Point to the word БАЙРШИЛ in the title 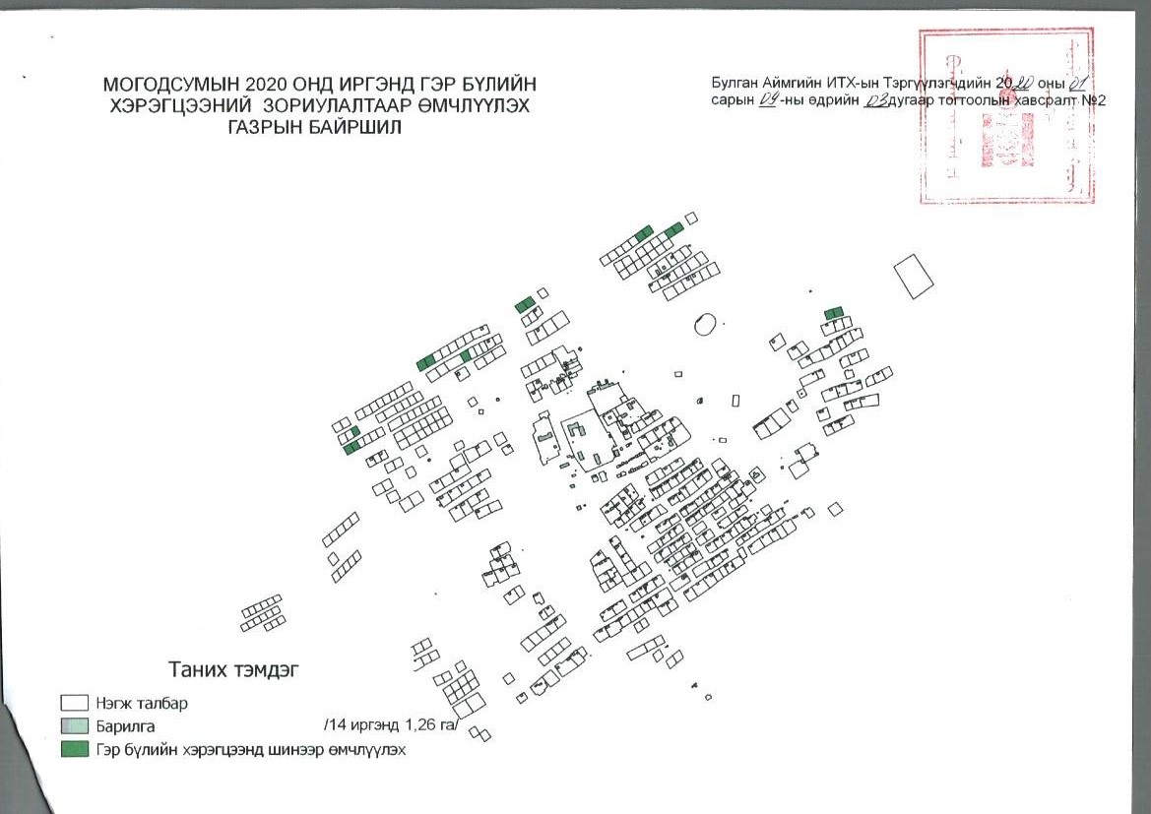(x=358, y=128)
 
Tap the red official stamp (x=1005, y=115)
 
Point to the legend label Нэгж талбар (x=142, y=705)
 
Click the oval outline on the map (x=704, y=324)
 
